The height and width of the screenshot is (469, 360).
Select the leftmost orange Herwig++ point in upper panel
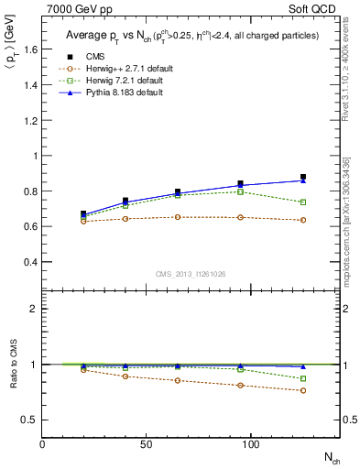pyautogui.click(x=83, y=221)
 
